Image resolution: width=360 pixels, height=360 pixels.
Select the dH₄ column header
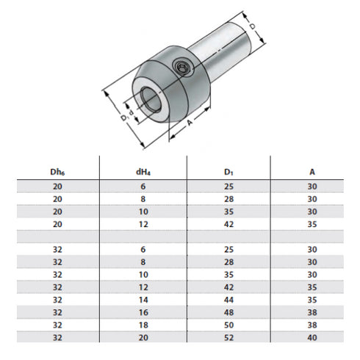144,173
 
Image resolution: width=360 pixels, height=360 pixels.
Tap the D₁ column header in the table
228,173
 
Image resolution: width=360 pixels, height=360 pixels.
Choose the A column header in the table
312,173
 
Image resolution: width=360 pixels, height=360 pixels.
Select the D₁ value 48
228,313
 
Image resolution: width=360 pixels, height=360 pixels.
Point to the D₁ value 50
228,325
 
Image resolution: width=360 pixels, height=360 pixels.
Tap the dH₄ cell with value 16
144,313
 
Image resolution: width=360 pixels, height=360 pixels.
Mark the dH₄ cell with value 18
144,325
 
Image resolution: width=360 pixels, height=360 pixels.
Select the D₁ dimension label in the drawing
124,116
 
